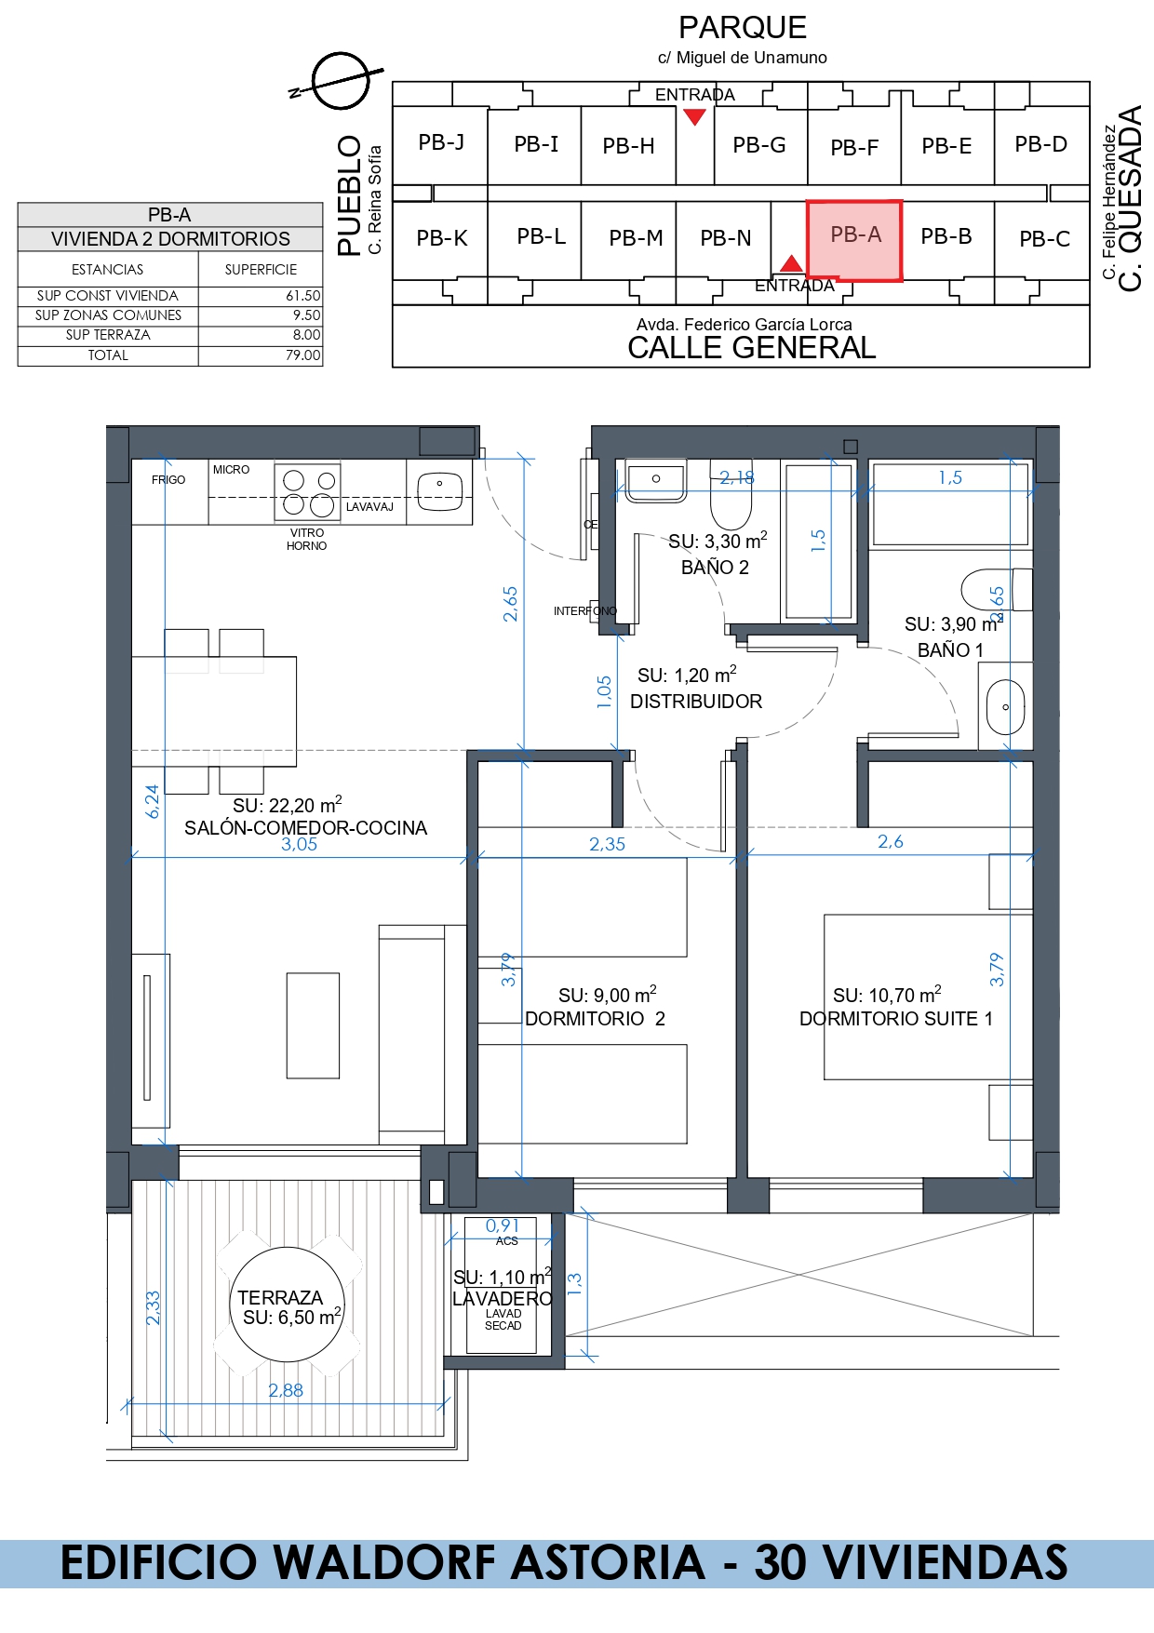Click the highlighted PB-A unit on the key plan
pos(854,240)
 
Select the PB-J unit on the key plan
pos(441,143)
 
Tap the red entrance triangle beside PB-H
pos(694,116)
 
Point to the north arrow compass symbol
pos(341,81)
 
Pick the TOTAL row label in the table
pos(108,355)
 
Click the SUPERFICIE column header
pos(261,270)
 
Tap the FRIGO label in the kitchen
pos(168,480)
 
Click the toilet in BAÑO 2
pos(731,496)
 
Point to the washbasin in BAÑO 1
pos(1005,706)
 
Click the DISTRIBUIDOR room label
pos(696,702)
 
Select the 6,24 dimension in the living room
pos(153,801)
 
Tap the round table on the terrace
pos(287,1305)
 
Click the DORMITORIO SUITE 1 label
pos(896,1019)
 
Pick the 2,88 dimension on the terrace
pos(286,1390)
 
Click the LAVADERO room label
pos(503,1299)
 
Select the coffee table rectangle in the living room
pos(313,1025)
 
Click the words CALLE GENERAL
pos(752,348)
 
